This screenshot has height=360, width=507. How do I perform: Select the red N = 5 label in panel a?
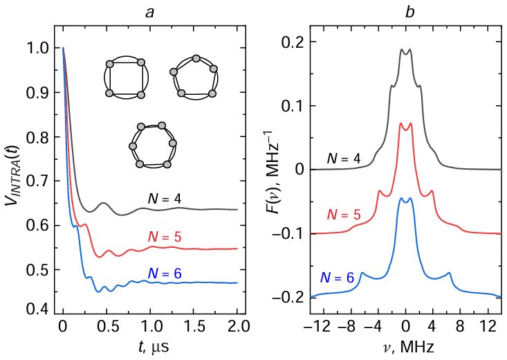coord(164,237)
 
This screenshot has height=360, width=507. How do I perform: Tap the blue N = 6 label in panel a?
coord(164,273)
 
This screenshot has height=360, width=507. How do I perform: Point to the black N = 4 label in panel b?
coord(344,160)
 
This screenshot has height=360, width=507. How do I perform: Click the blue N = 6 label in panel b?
coord(338,278)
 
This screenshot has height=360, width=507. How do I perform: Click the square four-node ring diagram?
coord(125,79)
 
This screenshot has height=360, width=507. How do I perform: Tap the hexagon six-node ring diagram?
coord(151,145)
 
